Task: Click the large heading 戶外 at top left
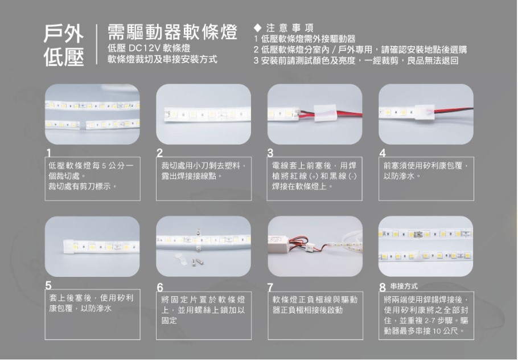click(63, 34)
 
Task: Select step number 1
click(49, 153)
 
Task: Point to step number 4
click(383, 153)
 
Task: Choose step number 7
click(271, 287)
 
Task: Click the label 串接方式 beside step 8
click(404, 286)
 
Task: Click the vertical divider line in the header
click(96, 44)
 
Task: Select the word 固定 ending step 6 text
click(169, 320)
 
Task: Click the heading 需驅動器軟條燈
click(172, 32)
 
